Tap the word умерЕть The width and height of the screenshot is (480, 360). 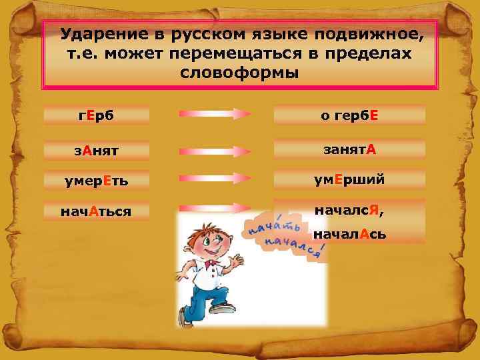click(95, 180)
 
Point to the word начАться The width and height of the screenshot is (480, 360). click(95, 211)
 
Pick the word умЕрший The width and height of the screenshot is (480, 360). click(349, 180)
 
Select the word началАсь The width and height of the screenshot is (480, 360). click(349, 235)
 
